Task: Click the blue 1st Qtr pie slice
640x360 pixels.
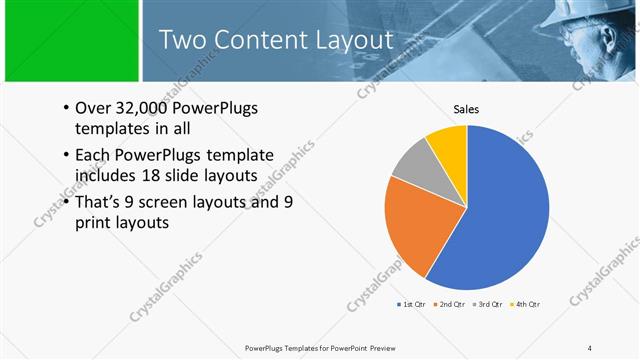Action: [x=500, y=210]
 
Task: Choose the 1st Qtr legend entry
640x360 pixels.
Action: [x=411, y=304]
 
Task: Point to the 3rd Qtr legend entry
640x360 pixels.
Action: [x=488, y=304]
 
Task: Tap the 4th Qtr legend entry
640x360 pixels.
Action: [x=526, y=304]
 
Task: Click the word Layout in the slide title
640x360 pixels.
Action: [x=349, y=40]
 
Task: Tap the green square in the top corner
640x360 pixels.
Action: [x=69, y=40]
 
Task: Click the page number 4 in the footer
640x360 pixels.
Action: [x=590, y=347]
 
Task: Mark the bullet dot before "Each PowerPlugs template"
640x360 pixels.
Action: [x=66, y=155]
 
